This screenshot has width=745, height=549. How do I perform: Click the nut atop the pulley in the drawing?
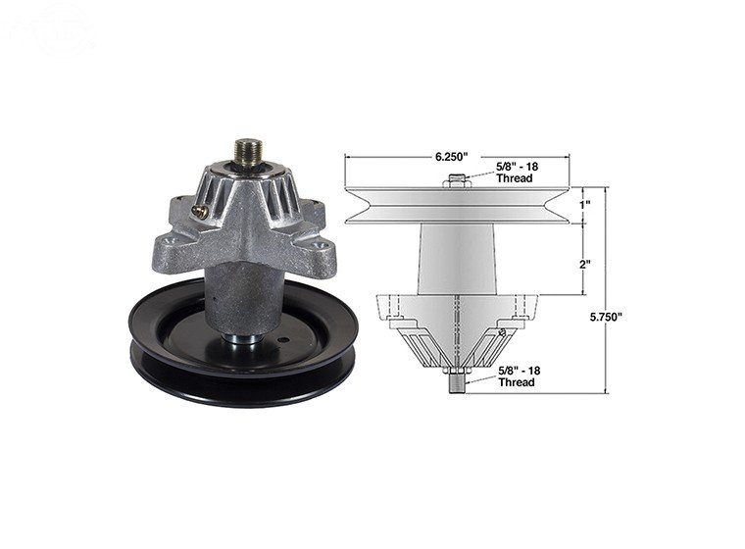[456, 180]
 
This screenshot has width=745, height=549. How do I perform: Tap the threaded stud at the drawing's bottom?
[456, 380]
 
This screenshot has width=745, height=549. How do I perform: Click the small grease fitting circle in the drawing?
[502, 333]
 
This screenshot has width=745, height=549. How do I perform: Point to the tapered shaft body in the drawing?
[456, 257]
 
